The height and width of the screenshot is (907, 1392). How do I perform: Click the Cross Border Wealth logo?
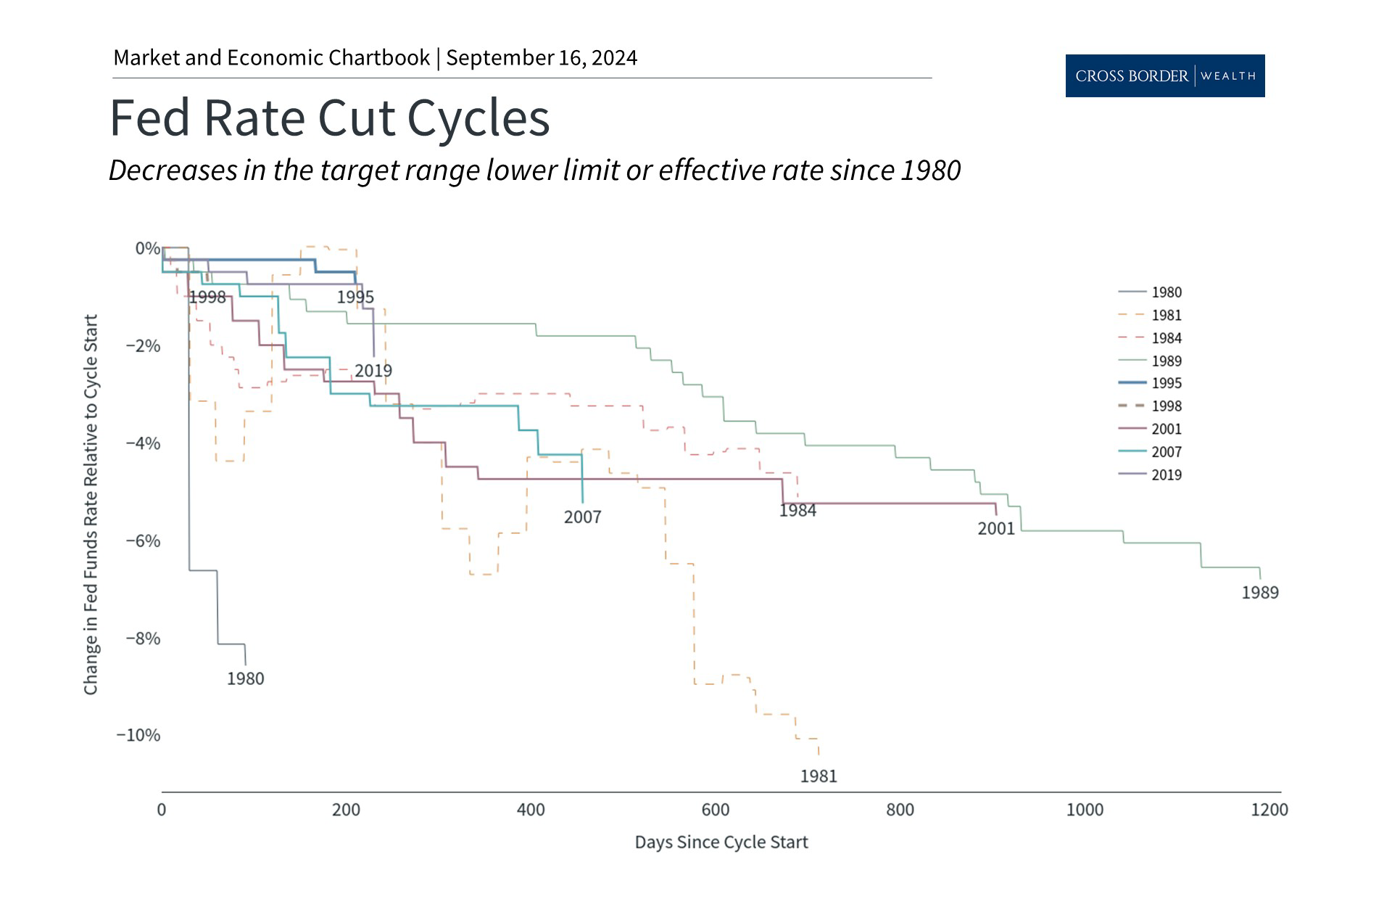point(1164,75)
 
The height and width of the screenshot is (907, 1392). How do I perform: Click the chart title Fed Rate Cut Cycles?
point(330,118)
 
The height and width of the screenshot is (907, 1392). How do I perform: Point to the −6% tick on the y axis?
point(143,541)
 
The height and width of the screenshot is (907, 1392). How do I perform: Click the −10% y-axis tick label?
point(138,735)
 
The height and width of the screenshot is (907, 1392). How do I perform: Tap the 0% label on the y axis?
point(147,248)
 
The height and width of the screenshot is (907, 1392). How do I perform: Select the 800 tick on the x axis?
point(900,810)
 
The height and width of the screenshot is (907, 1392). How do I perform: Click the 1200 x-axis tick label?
point(1269,810)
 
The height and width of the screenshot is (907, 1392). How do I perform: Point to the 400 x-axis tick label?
point(531,810)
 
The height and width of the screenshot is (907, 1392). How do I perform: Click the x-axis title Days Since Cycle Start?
point(721,842)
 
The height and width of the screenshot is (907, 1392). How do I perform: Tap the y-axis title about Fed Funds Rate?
point(91,504)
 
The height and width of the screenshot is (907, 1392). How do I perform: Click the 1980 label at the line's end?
point(245,678)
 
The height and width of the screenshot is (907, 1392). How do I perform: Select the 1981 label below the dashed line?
point(819,776)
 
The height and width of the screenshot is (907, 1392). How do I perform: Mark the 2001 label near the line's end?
point(996,529)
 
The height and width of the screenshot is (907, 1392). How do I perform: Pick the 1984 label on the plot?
point(797,511)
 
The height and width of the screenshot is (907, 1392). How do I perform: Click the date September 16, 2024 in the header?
point(542,58)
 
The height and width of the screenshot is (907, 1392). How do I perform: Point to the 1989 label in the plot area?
point(1260,593)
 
